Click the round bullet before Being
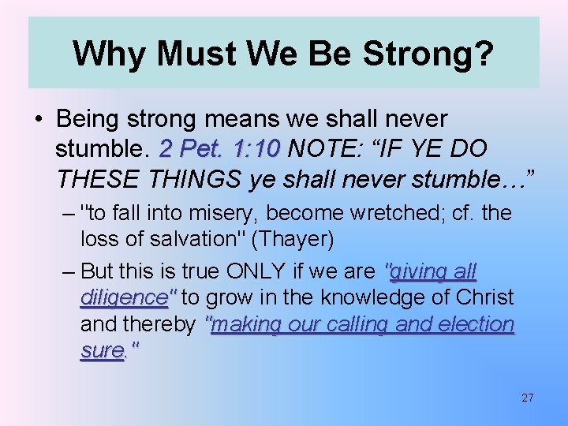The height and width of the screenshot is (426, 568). [38, 120]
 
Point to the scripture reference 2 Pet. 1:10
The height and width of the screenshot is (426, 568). [220, 148]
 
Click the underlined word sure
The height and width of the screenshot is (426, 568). [102, 351]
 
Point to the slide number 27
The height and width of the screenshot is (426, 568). [527, 398]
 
